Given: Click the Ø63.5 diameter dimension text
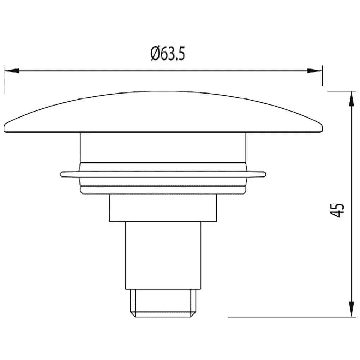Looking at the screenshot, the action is (x=168, y=54).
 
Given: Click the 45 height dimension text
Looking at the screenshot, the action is (x=337, y=210).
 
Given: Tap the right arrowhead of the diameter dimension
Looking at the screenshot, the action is (x=315, y=71).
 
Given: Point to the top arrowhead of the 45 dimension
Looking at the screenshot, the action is (x=351, y=99).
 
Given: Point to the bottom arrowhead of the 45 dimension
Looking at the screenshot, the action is (x=351, y=310).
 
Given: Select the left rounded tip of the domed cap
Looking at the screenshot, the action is (x=5, y=128).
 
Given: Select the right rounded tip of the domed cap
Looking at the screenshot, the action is (x=322, y=128).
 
